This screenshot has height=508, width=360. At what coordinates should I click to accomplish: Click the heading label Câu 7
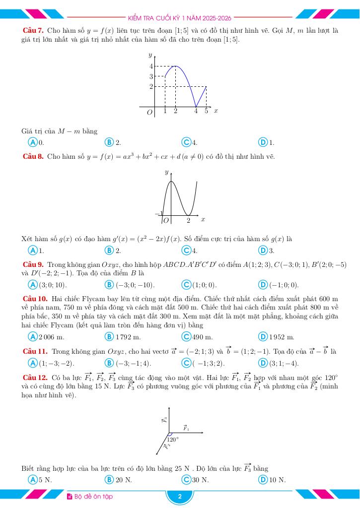pos(34,31)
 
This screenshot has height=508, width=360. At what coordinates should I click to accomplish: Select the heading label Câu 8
pos(34,157)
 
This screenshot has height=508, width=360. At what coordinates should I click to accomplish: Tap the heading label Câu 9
pos(34,265)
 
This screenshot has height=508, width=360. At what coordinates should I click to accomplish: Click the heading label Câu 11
pos(35,351)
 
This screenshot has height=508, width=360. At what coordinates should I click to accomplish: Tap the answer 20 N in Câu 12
pos(124,480)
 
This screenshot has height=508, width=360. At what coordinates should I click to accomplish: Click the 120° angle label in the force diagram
pos(173,440)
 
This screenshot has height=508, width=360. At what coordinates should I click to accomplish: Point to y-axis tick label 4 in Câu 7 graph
pos(151,66)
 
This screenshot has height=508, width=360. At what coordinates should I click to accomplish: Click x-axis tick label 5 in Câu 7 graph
pos(206,111)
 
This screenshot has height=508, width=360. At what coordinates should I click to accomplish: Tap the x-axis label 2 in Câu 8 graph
pos(189,220)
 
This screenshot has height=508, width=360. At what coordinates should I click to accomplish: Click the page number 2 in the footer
pos(180,497)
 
